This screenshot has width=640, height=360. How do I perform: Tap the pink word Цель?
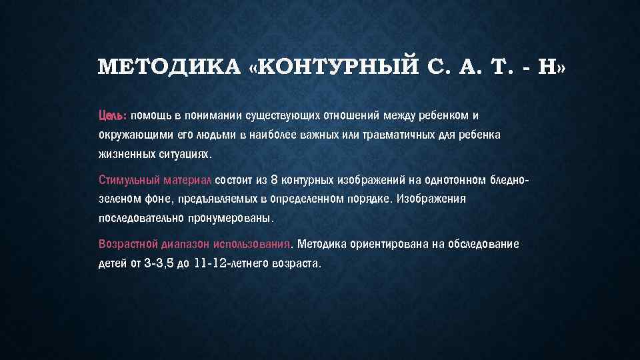point(112,115)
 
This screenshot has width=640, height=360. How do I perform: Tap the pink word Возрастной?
point(129,244)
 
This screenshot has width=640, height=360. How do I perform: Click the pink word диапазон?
point(187,244)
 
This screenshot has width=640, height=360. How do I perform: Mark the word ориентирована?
point(387,244)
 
